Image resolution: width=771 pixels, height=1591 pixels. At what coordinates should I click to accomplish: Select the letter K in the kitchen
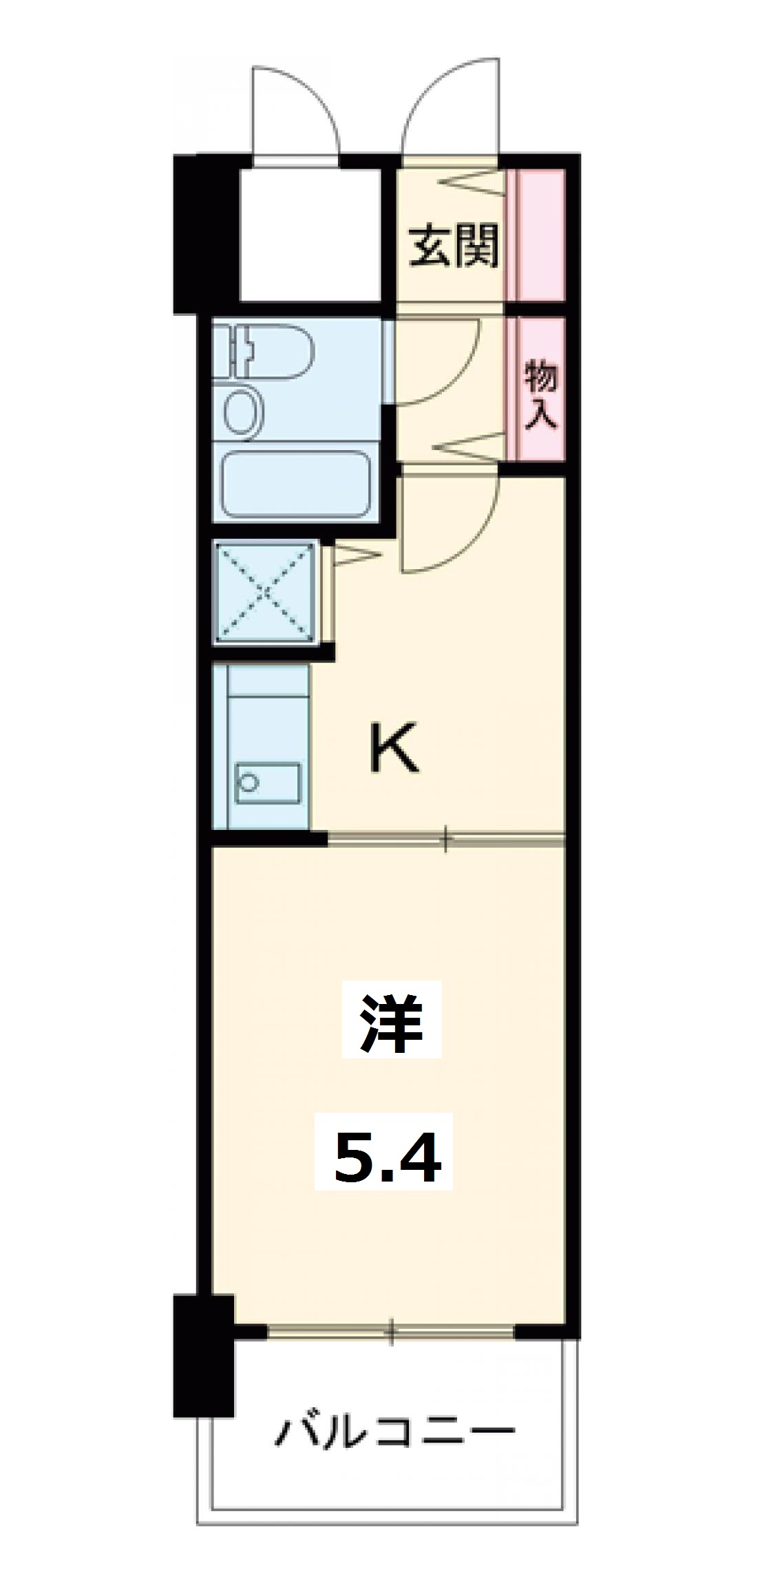click(394, 750)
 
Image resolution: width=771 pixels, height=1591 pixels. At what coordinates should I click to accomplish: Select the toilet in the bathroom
click(272, 352)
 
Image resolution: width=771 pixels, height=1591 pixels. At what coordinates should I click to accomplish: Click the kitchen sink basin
click(268, 783)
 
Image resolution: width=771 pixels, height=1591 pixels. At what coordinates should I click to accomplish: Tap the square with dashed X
click(266, 592)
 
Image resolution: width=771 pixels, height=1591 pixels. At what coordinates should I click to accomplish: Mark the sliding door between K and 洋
click(446, 839)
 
